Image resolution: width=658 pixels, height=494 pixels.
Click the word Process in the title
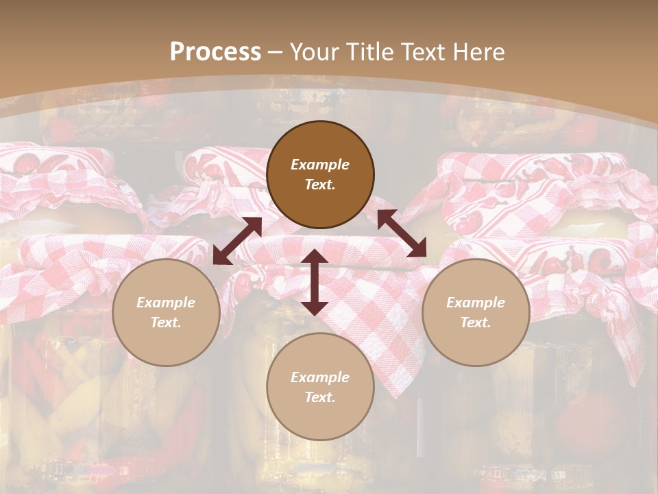(x=215, y=52)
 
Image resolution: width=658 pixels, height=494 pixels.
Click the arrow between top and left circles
(x=237, y=241)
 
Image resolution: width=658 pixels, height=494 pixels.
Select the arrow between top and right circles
(x=402, y=233)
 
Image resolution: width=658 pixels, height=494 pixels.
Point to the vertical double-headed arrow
(x=315, y=282)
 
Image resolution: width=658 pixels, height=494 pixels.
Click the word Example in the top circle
(x=320, y=165)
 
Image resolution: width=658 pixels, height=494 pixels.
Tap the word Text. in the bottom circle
(x=320, y=397)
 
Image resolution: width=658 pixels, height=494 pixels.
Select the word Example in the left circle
(x=166, y=303)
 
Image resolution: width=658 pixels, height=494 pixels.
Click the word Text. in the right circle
(x=476, y=322)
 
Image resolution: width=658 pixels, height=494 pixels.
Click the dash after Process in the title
(x=276, y=52)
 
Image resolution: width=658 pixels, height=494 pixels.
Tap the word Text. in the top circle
(x=320, y=185)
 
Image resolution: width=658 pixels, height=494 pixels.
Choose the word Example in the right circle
(x=476, y=303)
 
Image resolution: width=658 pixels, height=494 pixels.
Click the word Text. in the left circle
(x=166, y=322)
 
